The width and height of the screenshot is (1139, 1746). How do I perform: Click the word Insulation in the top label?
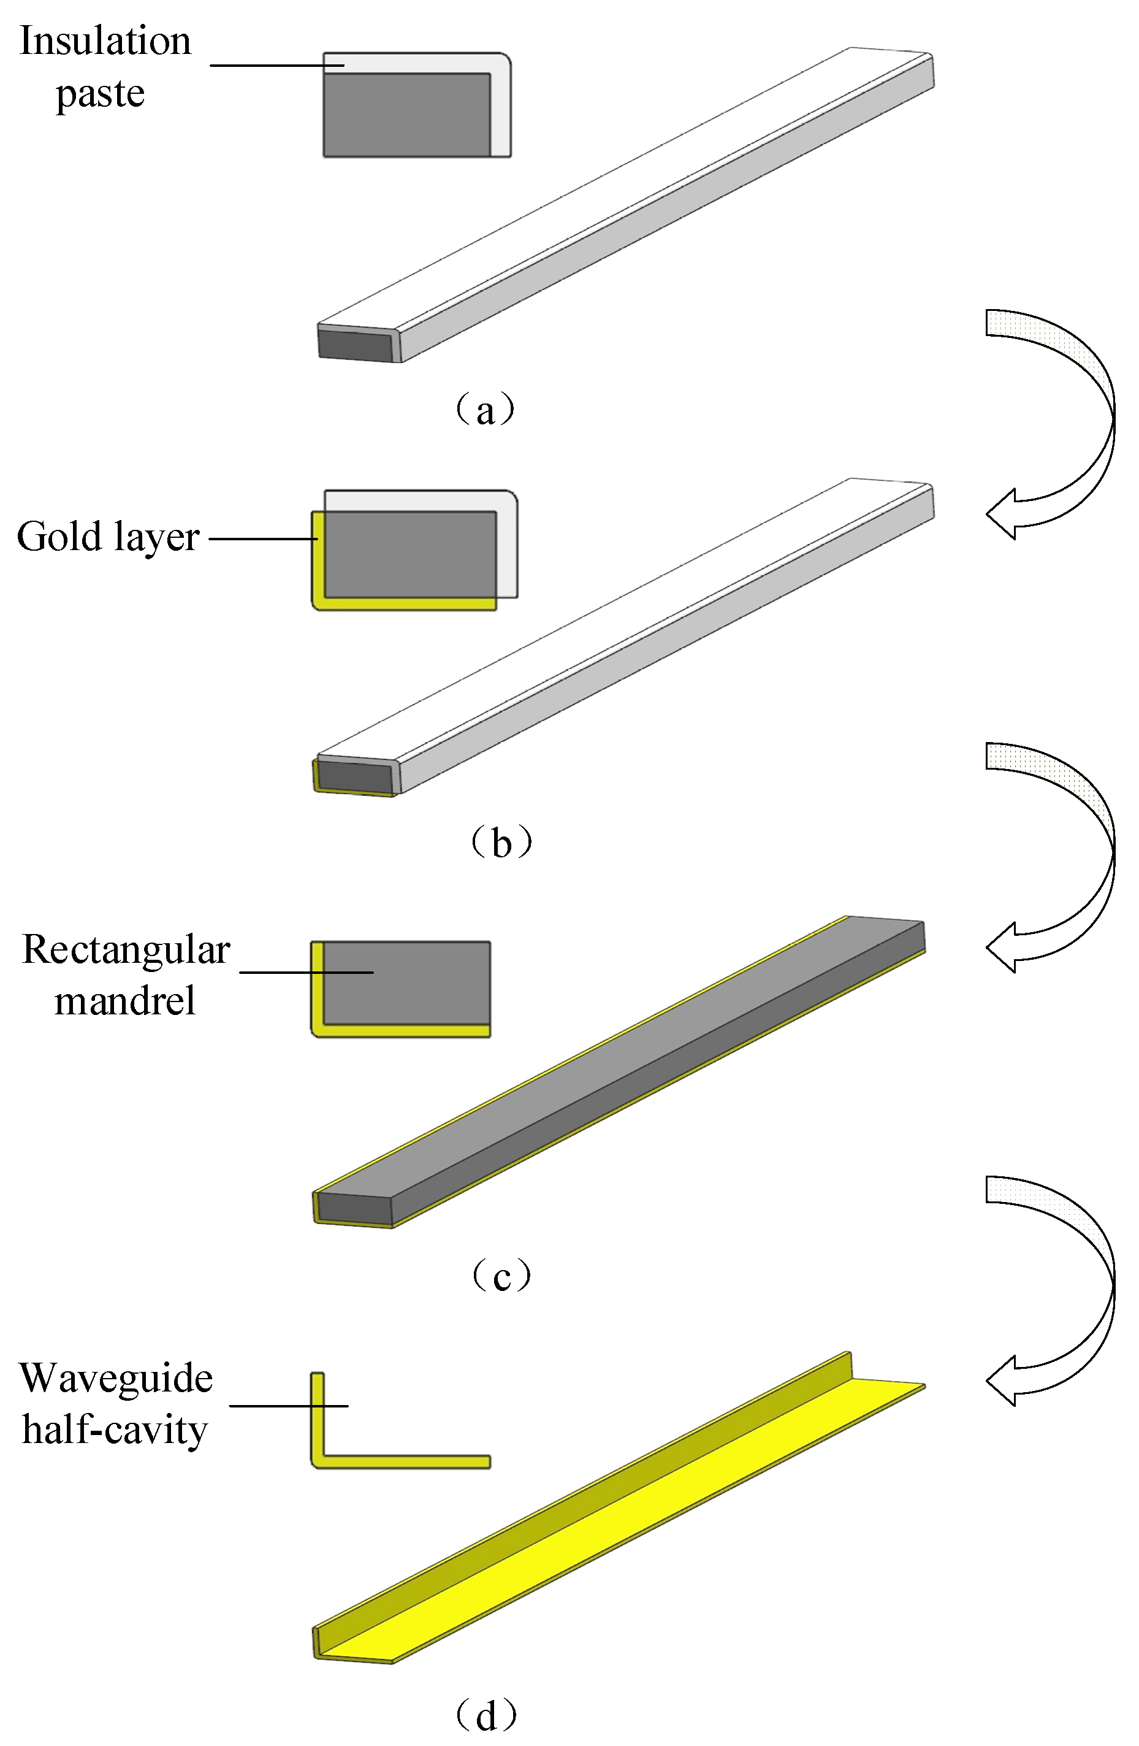click(105, 41)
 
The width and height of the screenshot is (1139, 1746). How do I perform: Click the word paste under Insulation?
click(101, 94)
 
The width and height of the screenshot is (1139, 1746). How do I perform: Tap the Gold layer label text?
click(108, 537)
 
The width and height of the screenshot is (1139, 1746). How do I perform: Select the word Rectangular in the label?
click(126, 950)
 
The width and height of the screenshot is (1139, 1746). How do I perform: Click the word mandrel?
click(124, 1001)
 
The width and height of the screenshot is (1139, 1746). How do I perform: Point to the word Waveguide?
click(116, 1377)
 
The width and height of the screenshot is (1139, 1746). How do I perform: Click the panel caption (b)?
click(501, 842)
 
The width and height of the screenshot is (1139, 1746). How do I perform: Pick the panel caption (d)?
click(486, 1715)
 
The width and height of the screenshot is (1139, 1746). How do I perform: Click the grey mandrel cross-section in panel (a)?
click(406, 115)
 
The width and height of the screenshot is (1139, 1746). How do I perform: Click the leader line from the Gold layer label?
click(262, 538)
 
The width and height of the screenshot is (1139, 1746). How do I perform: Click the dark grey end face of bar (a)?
click(355, 345)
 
